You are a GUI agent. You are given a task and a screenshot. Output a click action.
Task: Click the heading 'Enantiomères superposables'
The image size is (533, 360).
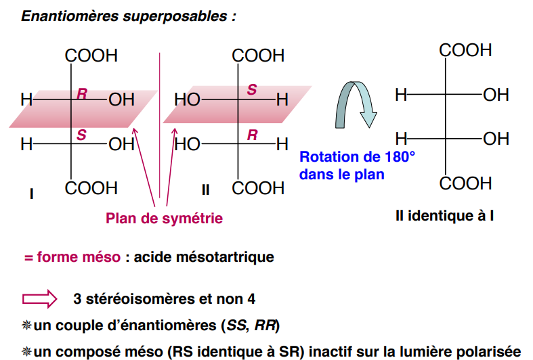[129, 16]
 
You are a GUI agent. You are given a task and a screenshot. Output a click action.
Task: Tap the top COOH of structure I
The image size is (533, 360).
[91, 55]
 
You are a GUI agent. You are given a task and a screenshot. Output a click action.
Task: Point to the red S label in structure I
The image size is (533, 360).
[81, 134]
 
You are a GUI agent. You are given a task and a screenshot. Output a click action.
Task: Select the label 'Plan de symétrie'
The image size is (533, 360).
[164, 219]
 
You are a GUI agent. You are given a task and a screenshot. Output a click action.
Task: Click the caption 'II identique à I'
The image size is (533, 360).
[444, 217]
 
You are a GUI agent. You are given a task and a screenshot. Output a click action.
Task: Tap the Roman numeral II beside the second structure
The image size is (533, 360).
[205, 190]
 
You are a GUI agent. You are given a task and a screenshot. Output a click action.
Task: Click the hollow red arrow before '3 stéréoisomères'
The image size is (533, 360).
[40, 298]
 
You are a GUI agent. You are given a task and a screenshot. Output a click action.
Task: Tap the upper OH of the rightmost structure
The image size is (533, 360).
[496, 95]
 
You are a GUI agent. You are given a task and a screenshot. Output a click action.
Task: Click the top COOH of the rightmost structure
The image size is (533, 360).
[465, 50]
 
